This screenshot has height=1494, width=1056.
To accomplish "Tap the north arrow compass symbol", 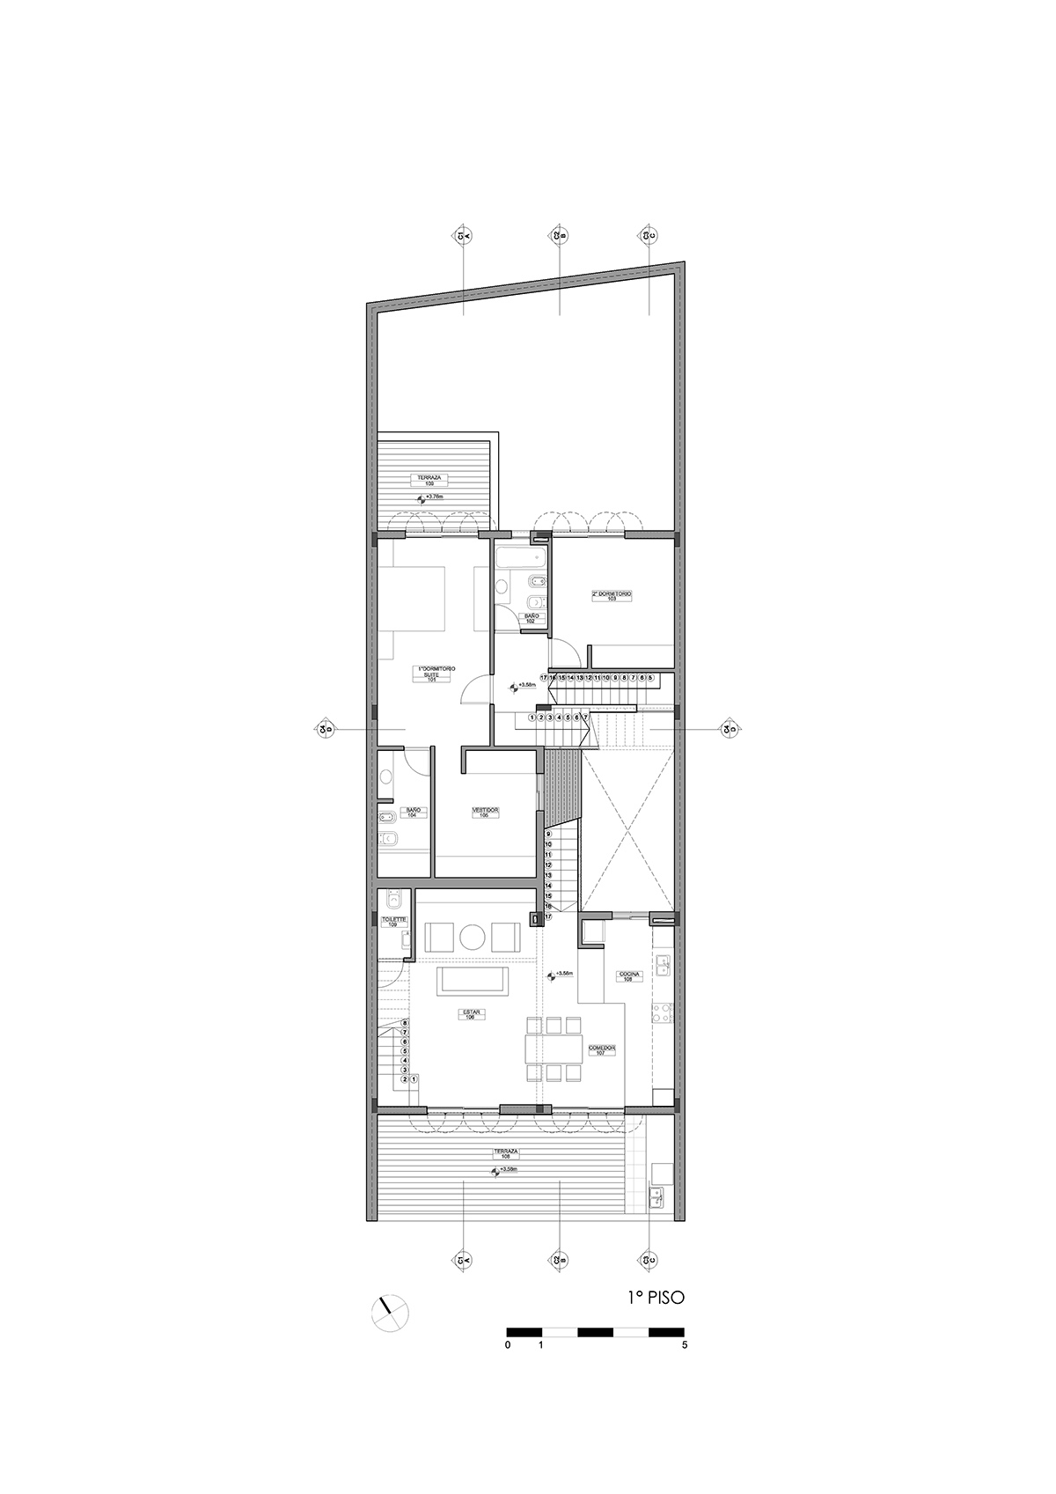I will click(391, 1314).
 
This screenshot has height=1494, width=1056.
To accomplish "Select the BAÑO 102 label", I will click(531, 618).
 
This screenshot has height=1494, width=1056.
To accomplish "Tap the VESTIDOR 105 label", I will click(485, 812).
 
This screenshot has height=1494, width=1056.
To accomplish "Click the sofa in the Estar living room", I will click(473, 981).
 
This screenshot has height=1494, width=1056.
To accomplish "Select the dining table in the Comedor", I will click(554, 1049).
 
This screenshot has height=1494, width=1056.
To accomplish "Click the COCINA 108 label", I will click(630, 975).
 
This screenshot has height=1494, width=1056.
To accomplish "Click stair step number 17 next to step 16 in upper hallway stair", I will click(545, 678).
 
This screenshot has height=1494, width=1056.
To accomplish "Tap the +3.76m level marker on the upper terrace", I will click(431, 497).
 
